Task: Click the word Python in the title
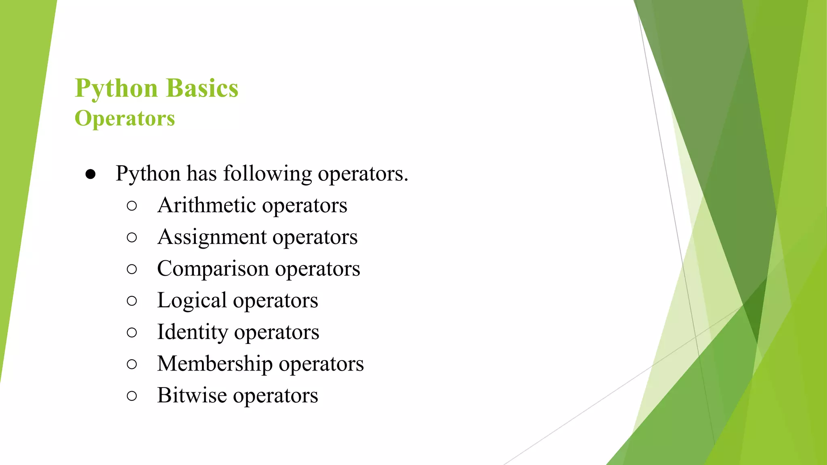(116, 88)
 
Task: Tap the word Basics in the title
(202, 88)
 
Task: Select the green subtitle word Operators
(125, 118)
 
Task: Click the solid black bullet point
(90, 174)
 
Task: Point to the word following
(267, 174)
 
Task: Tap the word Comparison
(213, 268)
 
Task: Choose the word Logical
(192, 300)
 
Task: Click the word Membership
(215, 363)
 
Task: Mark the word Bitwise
(192, 395)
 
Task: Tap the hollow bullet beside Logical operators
(132, 301)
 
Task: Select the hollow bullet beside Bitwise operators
(132, 396)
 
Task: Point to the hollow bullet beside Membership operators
(132, 364)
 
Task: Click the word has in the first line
(202, 174)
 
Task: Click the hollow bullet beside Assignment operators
(132, 237)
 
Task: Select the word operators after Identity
(277, 333)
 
